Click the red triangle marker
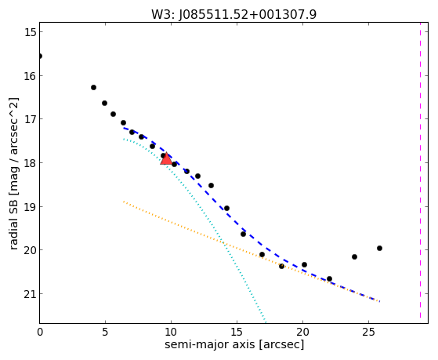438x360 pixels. (x=166, y=159)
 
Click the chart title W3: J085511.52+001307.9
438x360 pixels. (x=233, y=14)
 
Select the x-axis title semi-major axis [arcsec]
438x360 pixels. (x=234, y=344)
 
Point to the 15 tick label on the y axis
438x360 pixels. (x=30, y=32)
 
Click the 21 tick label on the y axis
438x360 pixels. (x=30, y=294)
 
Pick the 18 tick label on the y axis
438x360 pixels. (x=30, y=163)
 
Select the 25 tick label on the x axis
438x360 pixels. (x=369, y=332)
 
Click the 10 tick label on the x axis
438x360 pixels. (x=171, y=332)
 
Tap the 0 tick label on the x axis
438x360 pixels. (x=40, y=332)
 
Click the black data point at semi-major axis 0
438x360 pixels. (x=40, y=56)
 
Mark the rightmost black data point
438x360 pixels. (x=379, y=248)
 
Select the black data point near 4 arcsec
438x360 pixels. (x=93, y=88)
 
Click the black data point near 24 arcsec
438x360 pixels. (x=354, y=256)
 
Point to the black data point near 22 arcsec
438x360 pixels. (x=329, y=279)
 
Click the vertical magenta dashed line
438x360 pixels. (x=420, y=173)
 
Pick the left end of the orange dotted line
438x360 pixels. (x=124, y=202)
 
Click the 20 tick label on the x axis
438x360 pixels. (x=302, y=332)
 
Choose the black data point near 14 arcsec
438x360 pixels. (x=226, y=209)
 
